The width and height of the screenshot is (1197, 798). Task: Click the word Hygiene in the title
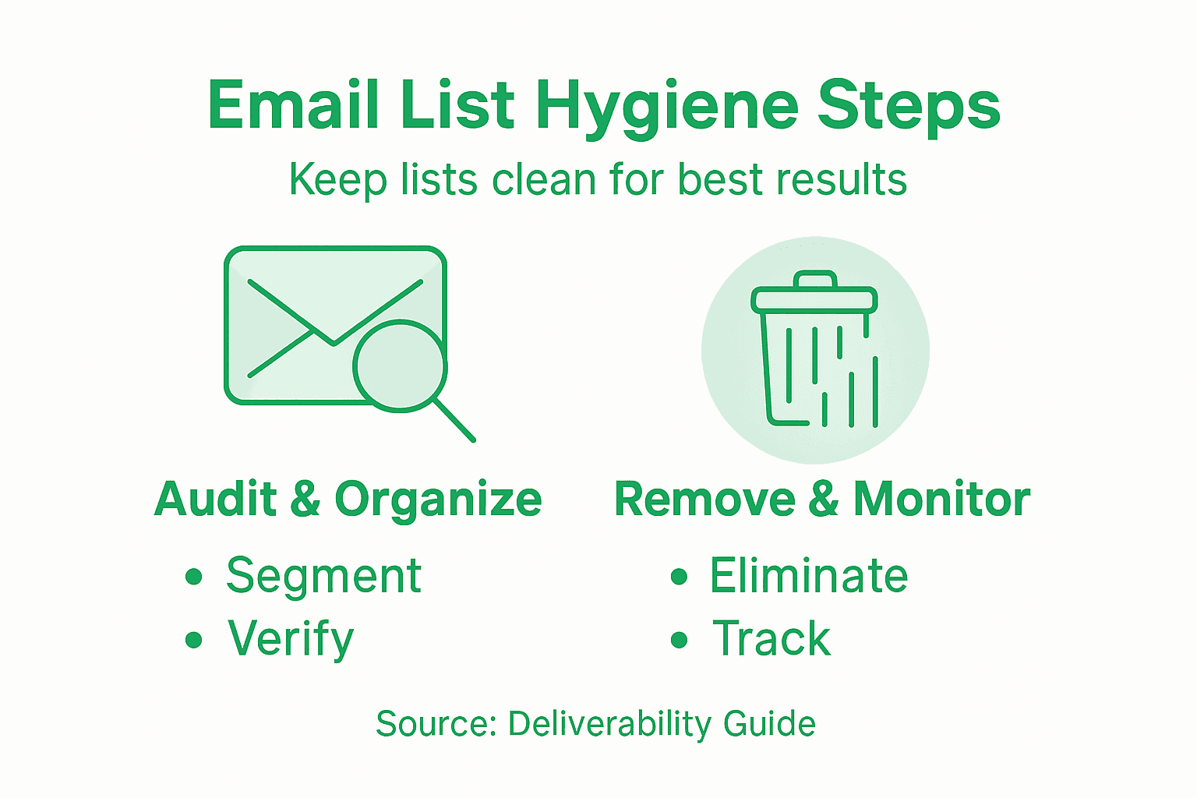point(667,107)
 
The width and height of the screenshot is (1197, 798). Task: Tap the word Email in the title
point(293,105)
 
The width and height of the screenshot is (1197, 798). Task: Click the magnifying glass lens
point(399,365)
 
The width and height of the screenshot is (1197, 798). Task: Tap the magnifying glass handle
point(454,421)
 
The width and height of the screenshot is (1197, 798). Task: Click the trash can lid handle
point(814,279)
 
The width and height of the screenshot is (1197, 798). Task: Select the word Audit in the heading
point(216,499)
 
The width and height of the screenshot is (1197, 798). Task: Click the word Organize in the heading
point(438,500)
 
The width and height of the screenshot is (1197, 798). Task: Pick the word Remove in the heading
point(704,499)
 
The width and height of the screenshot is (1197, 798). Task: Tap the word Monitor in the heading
point(942,499)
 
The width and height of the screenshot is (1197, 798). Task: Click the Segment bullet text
point(323,577)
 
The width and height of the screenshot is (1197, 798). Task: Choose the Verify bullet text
point(291,640)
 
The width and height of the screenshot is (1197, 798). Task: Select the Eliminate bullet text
point(809,576)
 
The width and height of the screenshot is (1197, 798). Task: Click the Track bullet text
point(772,639)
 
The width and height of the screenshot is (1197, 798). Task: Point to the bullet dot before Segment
point(194,577)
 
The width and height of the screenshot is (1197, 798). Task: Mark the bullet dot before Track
point(680,640)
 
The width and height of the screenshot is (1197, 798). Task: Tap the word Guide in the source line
point(769,724)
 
